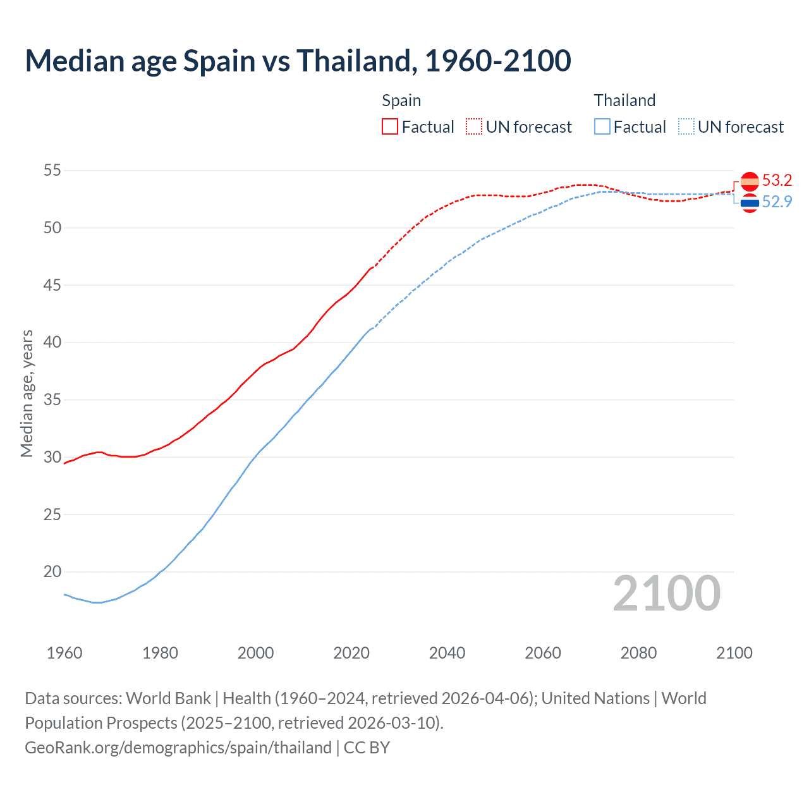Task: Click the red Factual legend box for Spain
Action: coord(390,127)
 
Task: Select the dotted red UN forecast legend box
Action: coord(474,127)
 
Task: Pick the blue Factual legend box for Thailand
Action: coord(602,127)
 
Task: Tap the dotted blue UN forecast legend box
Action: coord(686,127)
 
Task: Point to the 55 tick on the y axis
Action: coord(52,171)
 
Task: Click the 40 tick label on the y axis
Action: coord(52,343)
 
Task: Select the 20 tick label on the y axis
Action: coord(52,572)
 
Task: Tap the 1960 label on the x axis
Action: coord(64,653)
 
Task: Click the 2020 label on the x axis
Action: coord(351,653)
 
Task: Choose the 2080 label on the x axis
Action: coord(638,653)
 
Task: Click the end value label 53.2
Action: coord(777,181)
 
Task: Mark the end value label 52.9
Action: coord(777,202)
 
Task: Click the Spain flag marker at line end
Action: coord(750,181)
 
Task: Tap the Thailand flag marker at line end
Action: coord(750,203)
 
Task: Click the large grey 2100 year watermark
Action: coord(667,593)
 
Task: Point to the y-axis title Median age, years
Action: coord(27,393)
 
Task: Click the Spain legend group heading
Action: coord(401,100)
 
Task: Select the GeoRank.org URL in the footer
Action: coord(178,748)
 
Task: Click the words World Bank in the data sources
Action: coord(168,698)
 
